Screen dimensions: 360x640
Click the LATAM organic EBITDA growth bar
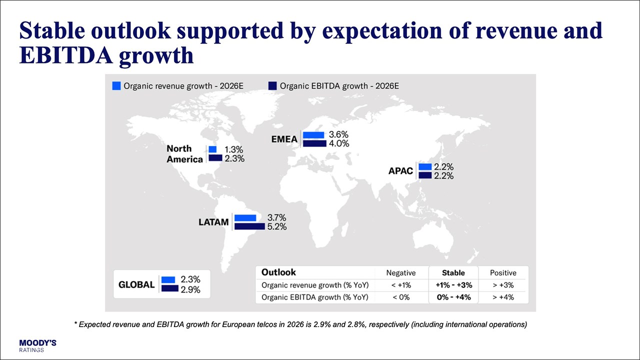(x=249, y=226)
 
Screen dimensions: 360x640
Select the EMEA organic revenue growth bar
(x=313, y=135)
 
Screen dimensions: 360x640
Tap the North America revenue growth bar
(x=212, y=149)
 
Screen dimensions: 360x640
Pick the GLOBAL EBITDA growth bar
(x=170, y=289)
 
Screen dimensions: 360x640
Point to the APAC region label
(x=400, y=171)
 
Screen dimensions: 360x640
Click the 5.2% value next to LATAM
(x=277, y=226)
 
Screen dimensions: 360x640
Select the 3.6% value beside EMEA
(x=338, y=135)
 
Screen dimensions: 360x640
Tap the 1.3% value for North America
(x=233, y=149)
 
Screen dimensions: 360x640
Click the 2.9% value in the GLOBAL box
(x=190, y=289)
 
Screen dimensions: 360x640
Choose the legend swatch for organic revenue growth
(x=116, y=86)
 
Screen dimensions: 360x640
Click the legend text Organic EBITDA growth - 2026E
(x=339, y=86)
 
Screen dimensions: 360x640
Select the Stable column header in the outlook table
(x=453, y=273)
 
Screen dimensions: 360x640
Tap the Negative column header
(x=400, y=273)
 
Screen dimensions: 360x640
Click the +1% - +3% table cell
(x=453, y=285)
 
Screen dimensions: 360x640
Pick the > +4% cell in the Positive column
(x=503, y=297)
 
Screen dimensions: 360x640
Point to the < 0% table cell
(x=400, y=297)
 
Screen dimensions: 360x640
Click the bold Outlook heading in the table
(x=278, y=272)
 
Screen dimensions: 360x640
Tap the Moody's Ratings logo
(x=37, y=345)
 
